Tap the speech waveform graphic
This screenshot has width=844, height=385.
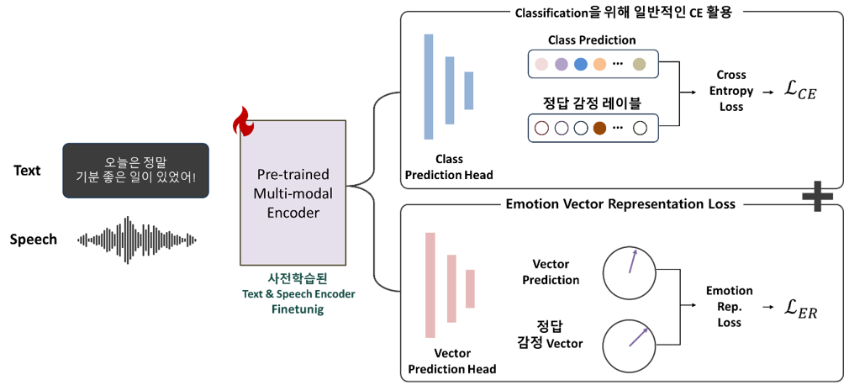coord(137,240)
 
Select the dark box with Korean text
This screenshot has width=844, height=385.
coord(135,170)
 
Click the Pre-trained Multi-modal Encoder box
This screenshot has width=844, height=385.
coord(293,192)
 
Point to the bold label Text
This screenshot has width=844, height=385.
coord(27,171)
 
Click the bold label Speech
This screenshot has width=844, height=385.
coord(34,240)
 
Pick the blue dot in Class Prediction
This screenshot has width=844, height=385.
coord(580,64)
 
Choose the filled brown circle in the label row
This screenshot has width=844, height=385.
coord(599,128)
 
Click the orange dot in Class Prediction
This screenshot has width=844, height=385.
coord(599,64)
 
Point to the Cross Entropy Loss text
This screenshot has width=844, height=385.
coord(731,91)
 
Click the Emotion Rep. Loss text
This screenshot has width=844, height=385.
coord(729,307)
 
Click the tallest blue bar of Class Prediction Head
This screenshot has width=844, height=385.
coord(429,87)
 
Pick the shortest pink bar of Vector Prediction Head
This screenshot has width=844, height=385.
coord(471,288)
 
